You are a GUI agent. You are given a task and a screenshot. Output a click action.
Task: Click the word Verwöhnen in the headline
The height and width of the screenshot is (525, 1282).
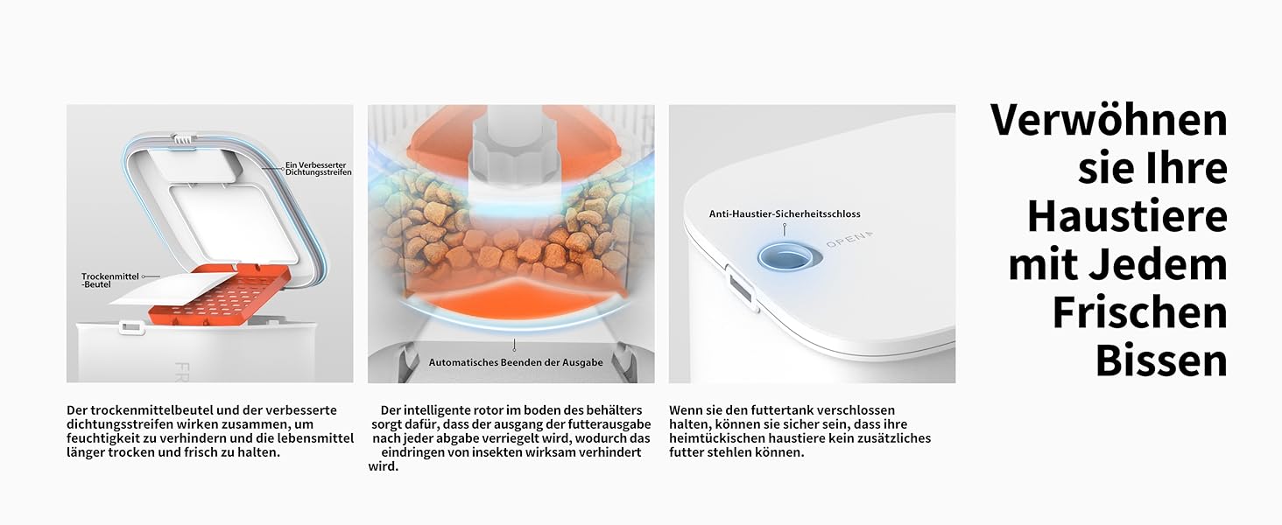pyautogui.click(x=1109, y=120)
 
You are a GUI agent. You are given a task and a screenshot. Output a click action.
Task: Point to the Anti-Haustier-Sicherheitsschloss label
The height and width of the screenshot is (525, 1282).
pyautogui.click(x=785, y=213)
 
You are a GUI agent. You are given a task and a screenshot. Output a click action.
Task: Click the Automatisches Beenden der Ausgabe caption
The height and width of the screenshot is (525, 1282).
pyautogui.click(x=516, y=362)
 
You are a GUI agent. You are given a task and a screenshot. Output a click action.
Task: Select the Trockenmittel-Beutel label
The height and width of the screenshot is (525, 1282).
pyautogui.click(x=109, y=280)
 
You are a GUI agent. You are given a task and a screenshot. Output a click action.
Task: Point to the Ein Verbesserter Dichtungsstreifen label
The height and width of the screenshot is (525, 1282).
pyautogui.click(x=318, y=169)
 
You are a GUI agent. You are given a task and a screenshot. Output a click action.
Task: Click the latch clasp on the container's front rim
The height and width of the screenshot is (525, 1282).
pyautogui.click(x=130, y=327)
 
